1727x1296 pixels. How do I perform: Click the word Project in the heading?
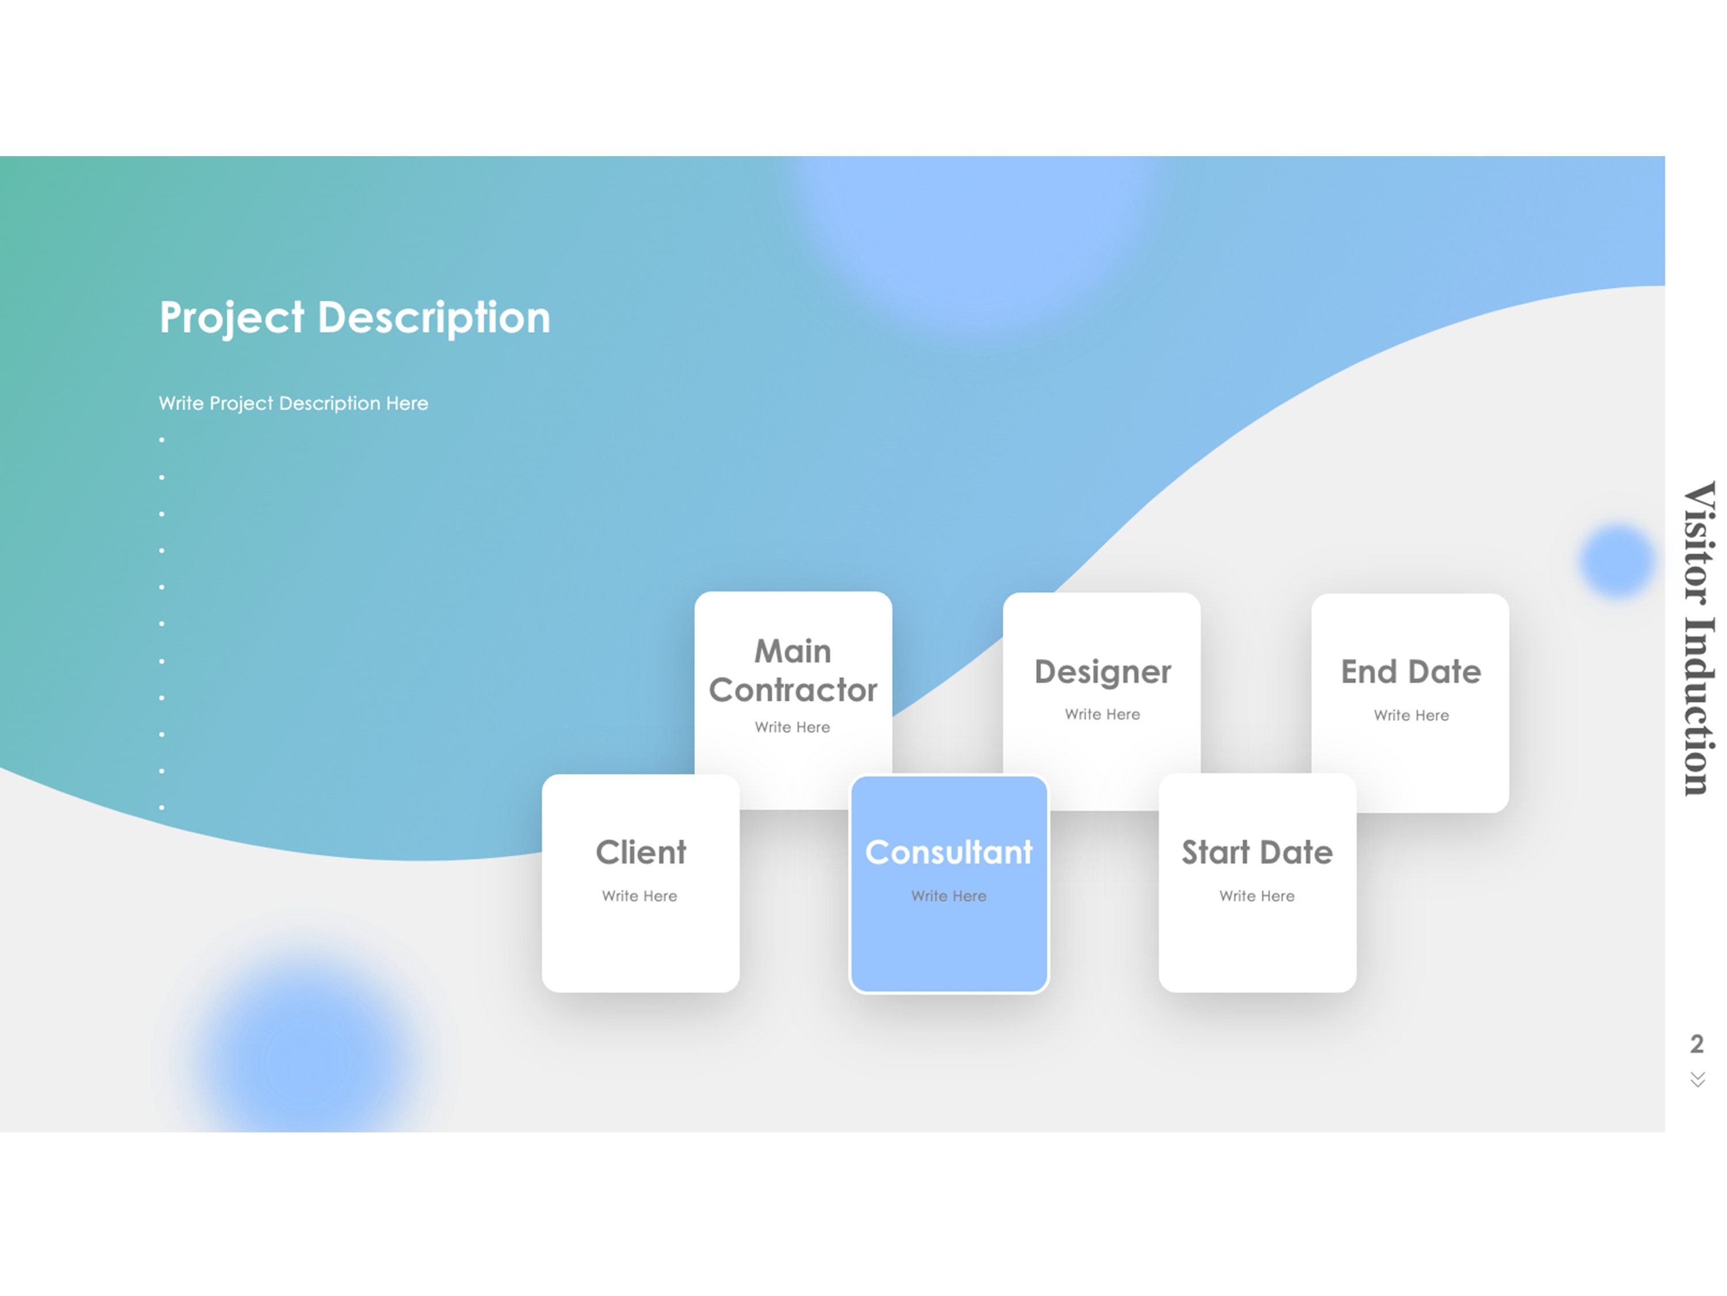point(231,318)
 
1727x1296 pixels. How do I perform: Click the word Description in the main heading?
point(434,318)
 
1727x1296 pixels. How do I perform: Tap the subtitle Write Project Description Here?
point(293,403)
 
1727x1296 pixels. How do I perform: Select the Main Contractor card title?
point(793,670)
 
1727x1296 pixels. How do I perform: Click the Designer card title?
point(1102,672)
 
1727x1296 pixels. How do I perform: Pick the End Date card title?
point(1411,672)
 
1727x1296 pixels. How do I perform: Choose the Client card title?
point(640,852)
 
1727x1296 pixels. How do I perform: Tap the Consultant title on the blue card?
point(949,852)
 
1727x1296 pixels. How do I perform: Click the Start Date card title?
point(1257,852)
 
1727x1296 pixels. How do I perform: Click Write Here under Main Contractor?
point(793,727)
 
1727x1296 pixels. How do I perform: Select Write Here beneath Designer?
point(1102,715)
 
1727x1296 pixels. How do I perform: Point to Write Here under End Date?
point(1411,715)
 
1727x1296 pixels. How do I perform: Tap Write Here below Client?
point(640,896)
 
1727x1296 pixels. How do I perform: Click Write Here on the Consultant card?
point(949,896)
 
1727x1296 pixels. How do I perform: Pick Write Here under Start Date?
point(1257,896)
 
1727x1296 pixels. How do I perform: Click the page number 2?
point(1696,1044)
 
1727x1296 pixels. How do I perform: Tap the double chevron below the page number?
point(1697,1079)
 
